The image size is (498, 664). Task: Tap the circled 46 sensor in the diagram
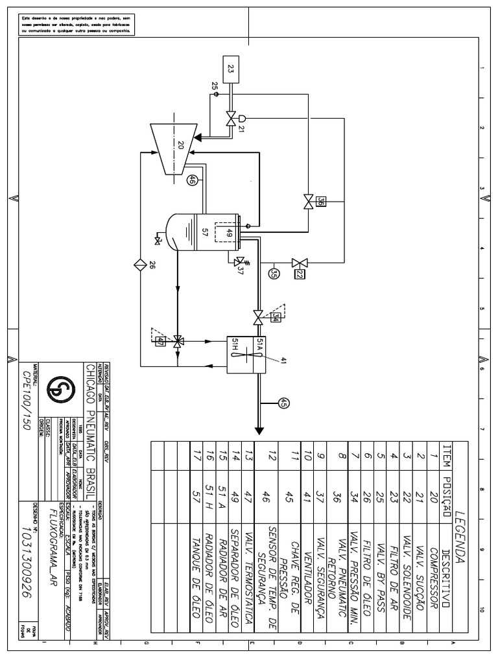(x=192, y=182)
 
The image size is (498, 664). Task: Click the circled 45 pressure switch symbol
(x=283, y=403)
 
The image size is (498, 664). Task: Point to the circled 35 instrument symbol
(x=274, y=273)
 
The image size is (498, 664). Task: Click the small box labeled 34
(x=276, y=317)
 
